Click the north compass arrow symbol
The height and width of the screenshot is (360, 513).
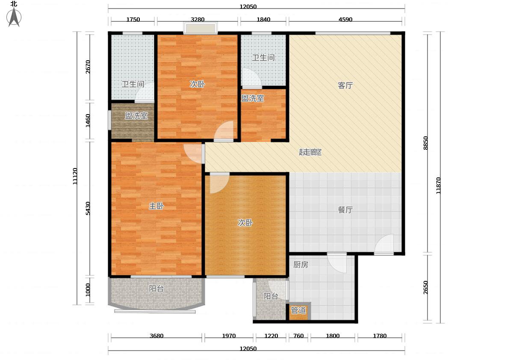click(x=14, y=17)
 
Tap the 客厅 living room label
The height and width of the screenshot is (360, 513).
click(x=345, y=86)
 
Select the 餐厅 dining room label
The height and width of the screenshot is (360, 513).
click(x=345, y=210)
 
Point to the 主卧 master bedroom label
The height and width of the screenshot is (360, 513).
click(x=156, y=206)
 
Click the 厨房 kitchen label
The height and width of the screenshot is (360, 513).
click(x=301, y=265)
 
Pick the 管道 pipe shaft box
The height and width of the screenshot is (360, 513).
click(x=298, y=311)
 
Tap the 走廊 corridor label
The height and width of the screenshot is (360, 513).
click(x=310, y=152)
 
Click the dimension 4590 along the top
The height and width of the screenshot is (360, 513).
click(x=345, y=20)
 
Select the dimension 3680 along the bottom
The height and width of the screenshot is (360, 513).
click(x=156, y=336)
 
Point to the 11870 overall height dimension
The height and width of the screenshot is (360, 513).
click(x=438, y=186)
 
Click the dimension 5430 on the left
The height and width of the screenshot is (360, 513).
click(x=88, y=208)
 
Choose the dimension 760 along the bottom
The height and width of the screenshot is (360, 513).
click(x=298, y=336)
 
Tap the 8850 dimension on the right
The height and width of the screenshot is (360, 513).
click(x=425, y=143)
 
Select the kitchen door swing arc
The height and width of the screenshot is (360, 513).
click(x=337, y=263)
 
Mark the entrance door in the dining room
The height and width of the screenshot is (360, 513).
click(x=384, y=245)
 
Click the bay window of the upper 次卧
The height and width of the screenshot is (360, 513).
click(x=200, y=28)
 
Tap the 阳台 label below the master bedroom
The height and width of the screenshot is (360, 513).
click(x=156, y=289)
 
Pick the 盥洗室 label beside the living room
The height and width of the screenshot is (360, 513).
click(x=253, y=98)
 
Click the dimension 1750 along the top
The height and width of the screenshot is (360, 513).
click(x=133, y=20)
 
